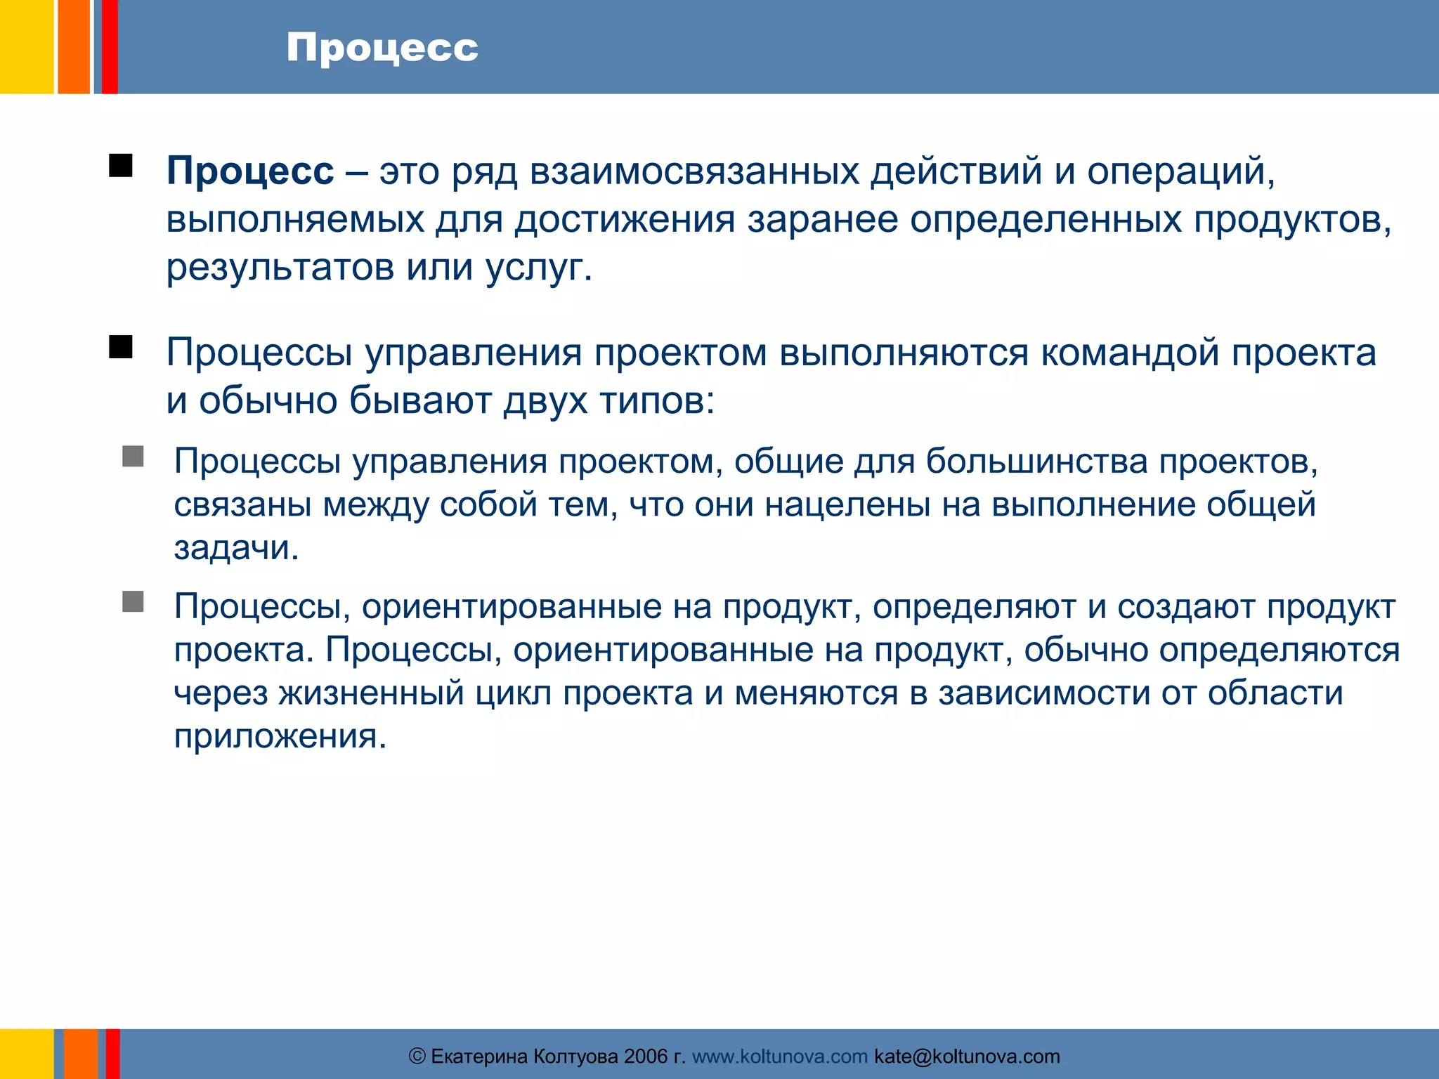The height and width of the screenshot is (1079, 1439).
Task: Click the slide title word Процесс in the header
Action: point(382,48)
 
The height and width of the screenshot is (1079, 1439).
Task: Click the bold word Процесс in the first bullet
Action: point(250,171)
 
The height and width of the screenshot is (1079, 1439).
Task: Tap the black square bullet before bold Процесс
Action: point(121,166)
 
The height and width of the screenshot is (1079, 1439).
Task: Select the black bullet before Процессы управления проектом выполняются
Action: point(121,347)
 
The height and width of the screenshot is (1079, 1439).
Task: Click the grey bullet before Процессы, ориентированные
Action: point(133,601)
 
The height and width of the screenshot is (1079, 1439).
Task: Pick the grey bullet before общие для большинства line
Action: point(133,457)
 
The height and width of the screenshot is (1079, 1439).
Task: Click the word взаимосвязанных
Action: point(694,171)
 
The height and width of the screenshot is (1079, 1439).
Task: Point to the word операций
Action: point(1180,171)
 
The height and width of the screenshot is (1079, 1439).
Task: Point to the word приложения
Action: point(280,736)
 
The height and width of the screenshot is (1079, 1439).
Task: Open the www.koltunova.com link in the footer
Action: point(780,1057)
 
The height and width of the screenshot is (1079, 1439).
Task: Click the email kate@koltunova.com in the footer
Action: point(967,1057)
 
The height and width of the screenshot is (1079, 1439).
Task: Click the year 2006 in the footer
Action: point(646,1057)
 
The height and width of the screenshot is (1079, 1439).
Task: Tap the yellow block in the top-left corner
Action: point(26,46)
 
